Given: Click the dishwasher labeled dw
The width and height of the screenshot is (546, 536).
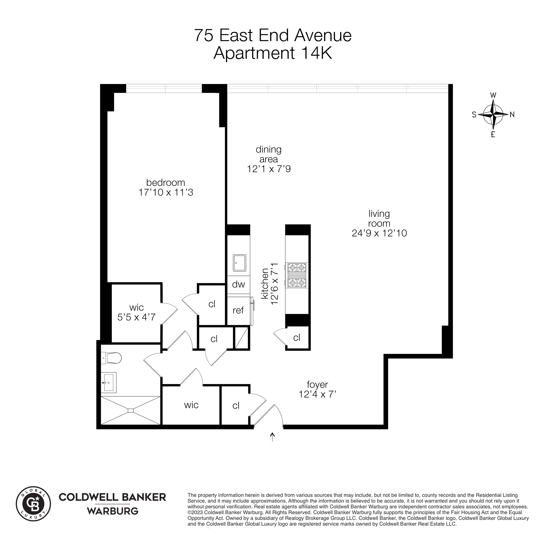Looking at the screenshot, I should coord(238,284).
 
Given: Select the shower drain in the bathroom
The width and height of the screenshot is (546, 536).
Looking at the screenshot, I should coord(131,410).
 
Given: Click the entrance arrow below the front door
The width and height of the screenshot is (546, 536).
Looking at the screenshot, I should coord(272,437).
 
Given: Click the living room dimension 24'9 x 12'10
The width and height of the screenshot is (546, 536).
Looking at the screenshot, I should coord(379,233).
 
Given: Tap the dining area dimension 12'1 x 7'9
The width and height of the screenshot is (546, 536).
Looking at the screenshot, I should coord(269,169).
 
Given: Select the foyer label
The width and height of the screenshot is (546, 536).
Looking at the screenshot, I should coord(317,384).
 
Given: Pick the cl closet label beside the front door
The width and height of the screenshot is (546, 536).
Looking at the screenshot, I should coord(236,405).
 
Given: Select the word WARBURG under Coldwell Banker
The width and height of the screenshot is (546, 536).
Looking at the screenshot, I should coord(112,511).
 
